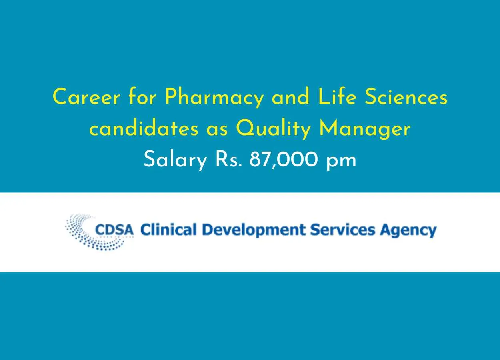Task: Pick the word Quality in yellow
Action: click(274, 130)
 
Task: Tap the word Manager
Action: click(365, 130)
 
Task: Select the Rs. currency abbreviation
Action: click(229, 160)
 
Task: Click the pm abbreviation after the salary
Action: click(341, 162)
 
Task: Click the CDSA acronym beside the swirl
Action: click(114, 230)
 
